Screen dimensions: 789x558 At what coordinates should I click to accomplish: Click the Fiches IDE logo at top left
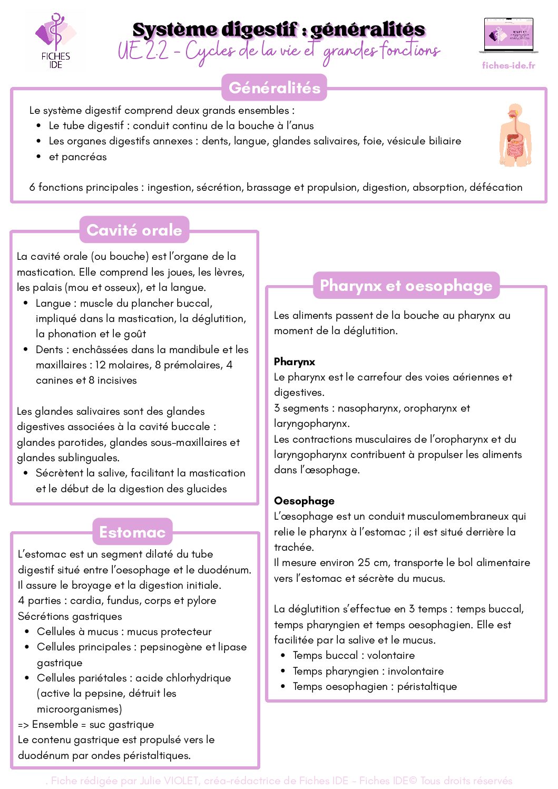coord(55,41)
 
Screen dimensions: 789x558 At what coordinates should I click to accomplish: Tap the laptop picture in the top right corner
coord(508,35)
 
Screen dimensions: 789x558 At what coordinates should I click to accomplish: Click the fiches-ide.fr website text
coord(508,65)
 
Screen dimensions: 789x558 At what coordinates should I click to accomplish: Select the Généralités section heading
coord(274,87)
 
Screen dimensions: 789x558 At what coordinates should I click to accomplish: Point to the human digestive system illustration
coord(515,135)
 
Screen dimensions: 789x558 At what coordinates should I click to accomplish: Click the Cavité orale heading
coord(134,230)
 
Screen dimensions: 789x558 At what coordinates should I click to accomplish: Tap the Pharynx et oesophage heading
coord(406,285)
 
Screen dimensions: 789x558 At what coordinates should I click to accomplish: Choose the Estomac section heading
coord(132,532)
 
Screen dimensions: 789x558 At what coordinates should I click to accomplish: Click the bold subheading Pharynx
coord(295,362)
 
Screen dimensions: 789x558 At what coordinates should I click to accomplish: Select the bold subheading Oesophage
coord(304,501)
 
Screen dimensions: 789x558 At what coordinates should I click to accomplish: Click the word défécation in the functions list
coord(496,187)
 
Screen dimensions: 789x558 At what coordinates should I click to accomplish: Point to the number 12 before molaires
coord(100,365)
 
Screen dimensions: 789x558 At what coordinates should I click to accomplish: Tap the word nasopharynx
coord(369,408)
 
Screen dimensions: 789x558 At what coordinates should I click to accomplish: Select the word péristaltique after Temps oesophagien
coord(427,686)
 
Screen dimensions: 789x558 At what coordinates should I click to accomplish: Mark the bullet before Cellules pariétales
coord(26,678)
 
